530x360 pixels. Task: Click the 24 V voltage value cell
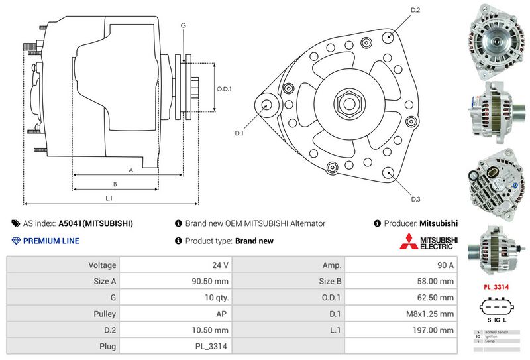tap(221, 265)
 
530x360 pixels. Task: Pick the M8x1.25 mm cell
tap(431, 314)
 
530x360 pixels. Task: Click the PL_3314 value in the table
tap(214, 346)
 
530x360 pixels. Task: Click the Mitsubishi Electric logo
tap(428, 243)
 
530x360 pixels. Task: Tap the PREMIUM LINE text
tap(51, 241)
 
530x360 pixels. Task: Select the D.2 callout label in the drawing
tap(416, 10)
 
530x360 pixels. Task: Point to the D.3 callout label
tap(415, 199)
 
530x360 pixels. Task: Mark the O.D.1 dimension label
tap(224, 90)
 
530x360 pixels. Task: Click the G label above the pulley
tap(183, 25)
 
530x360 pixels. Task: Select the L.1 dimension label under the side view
tap(109, 198)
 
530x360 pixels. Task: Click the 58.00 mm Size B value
tap(438, 281)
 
